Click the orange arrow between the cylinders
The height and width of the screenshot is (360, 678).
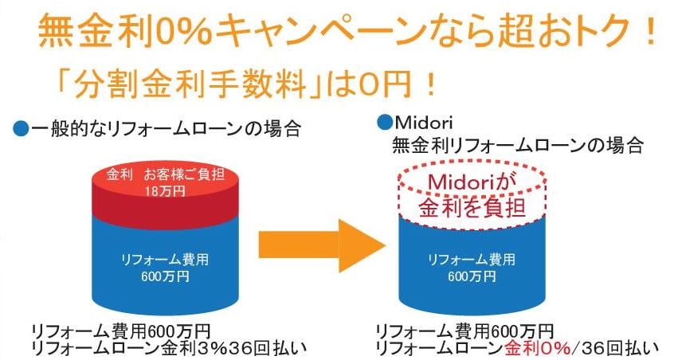[322, 245]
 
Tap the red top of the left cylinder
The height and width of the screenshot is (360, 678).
[165, 194]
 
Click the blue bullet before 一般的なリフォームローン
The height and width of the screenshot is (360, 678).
[21, 129]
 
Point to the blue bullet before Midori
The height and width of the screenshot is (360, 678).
[384, 122]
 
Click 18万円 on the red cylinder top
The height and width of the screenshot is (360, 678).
[165, 190]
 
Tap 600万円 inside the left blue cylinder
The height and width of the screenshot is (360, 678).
[165, 276]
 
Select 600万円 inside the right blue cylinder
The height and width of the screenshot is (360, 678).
[472, 276]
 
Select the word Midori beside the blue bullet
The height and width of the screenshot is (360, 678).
[424, 123]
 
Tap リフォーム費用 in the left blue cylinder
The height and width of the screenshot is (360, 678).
[165, 260]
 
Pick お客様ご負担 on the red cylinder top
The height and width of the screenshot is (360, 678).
[184, 174]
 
